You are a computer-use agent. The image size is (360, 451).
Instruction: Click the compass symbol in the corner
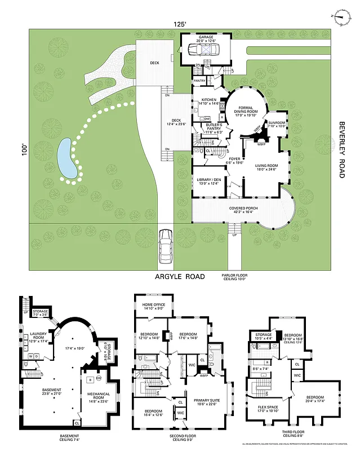pyautogui.click(x=340, y=17)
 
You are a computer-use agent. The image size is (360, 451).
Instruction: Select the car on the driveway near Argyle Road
pyautogui.click(x=166, y=246)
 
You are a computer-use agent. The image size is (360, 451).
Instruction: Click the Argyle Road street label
pyautogui.click(x=180, y=277)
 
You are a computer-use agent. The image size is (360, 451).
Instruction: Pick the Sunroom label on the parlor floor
pyautogui.click(x=277, y=124)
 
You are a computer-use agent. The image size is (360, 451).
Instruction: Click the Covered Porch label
pyautogui.click(x=244, y=210)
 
